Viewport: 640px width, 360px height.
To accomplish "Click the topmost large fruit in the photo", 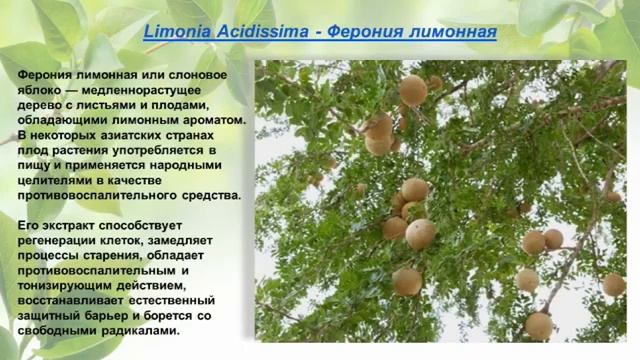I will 412,91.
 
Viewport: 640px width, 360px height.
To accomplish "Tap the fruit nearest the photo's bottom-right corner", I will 613,285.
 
